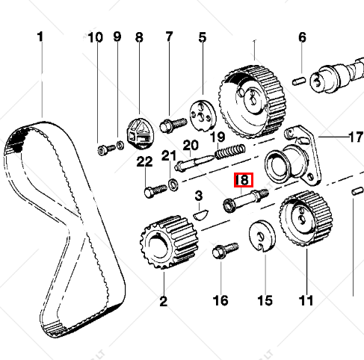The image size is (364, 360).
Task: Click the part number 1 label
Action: pos(40,37)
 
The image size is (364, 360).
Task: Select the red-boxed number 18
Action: pos(244,180)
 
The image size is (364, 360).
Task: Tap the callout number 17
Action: pos(356,137)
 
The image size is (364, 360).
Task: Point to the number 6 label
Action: pos(303,37)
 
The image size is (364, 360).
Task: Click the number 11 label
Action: pos(304,301)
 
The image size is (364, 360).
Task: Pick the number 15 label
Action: pos(265,301)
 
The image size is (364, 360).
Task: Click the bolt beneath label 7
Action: pos(172,124)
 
